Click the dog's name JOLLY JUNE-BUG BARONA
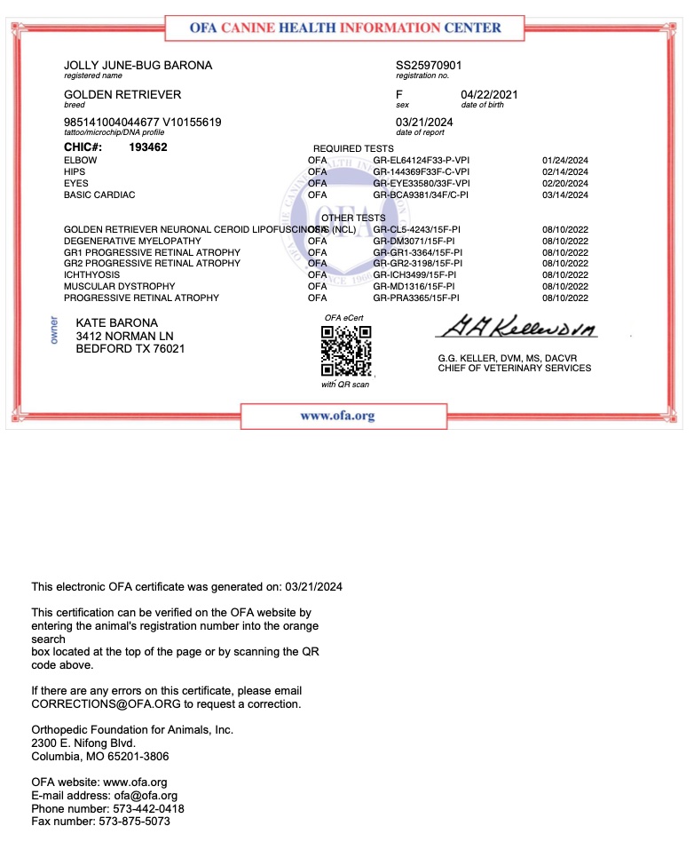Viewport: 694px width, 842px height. tap(138, 66)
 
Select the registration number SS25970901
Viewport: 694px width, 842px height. tap(429, 66)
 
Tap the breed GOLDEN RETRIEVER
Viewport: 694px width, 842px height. tap(122, 94)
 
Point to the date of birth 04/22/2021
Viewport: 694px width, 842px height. tap(489, 94)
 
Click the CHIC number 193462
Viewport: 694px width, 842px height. tap(148, 147)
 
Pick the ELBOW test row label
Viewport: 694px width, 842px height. tap(80, 160)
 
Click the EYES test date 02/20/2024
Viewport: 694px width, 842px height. tap(564, 183)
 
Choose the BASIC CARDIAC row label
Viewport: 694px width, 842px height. tap(99, 195)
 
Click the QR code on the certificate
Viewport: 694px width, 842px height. tap(346, 351)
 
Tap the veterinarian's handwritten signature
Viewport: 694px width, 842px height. tap(516, 329)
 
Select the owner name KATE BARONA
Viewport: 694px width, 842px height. tap(116, 322)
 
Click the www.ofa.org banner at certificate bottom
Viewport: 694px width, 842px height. tap(337, 416)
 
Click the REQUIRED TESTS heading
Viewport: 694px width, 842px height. tap(353, 148)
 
